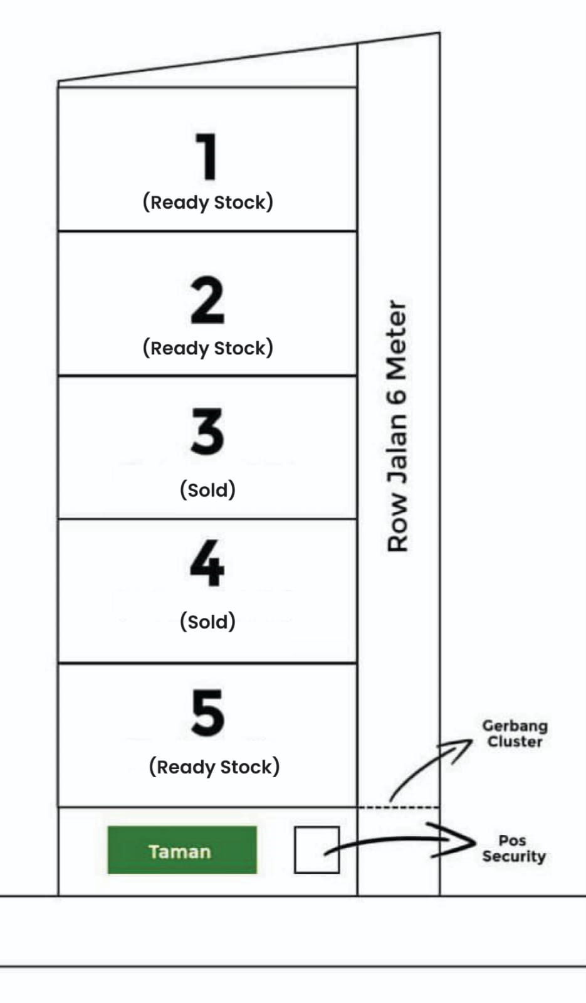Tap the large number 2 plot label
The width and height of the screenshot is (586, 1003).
[x=207, y=300]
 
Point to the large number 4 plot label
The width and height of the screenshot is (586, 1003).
[x=207, y=563]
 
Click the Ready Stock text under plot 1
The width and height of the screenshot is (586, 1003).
[x=208, y=202]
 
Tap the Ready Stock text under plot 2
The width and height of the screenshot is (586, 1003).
[x=208, y=348]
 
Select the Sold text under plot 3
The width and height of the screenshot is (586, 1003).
[x=207, y=489]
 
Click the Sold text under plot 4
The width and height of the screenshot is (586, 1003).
[x=207, y=621]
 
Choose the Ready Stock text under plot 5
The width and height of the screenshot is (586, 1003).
[x=214, y=767]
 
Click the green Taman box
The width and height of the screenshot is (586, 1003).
[x=182, y=850]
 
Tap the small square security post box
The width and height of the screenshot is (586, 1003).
[x=317, y=850]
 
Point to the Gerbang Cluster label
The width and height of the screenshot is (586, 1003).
[x=515, y=733]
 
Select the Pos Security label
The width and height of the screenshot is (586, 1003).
[x=513, y=849]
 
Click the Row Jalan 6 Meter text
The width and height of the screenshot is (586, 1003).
[x=397, y=426]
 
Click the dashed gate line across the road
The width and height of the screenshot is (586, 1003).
[x=399, y=807]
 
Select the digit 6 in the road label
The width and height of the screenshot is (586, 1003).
[x=397, y=396]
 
